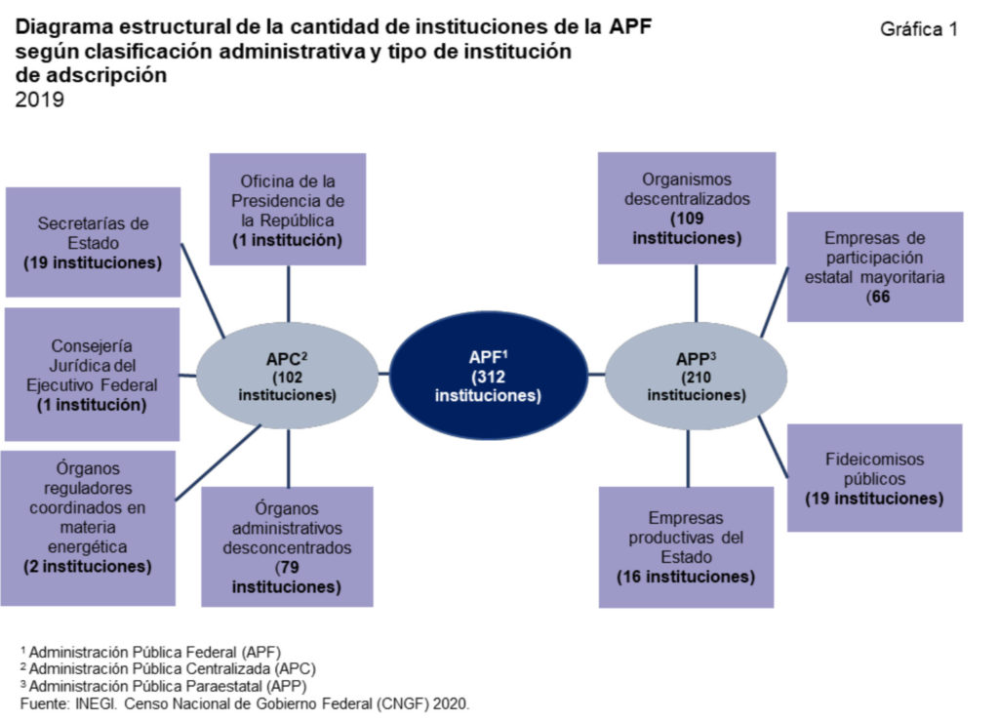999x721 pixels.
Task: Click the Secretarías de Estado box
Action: coord(93,242)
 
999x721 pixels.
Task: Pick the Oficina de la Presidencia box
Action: coord(288,209)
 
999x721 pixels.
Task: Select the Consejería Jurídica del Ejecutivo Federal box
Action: coord(93,375)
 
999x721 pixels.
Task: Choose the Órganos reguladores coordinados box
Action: coord(88,527)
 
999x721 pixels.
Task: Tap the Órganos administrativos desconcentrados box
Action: coord(287,546)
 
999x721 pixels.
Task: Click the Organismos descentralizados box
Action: coord(687,209)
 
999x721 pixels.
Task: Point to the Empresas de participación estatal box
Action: coord(874,266)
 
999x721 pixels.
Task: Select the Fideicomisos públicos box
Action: coord(874,478)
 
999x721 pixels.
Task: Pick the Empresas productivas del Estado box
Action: coord(686,546)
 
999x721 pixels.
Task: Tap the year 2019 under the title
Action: coord(40,99)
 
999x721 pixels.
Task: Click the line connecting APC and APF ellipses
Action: coord(383,374)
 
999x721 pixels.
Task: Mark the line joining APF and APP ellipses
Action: coord(595,374)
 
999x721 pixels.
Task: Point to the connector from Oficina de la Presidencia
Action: coord(288,293)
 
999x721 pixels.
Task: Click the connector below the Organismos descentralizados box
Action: coord(696,293)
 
